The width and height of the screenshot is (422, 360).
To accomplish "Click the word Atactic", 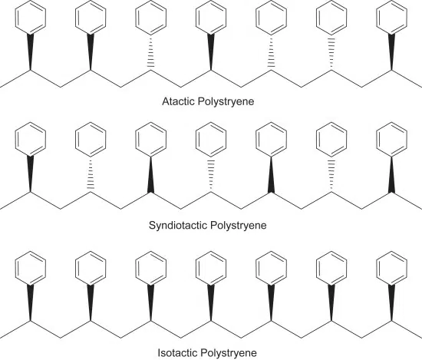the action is pos(179,101).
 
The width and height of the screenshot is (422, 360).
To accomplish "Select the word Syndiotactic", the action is pos(177,225).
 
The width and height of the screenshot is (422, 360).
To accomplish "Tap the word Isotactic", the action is pos(178,353).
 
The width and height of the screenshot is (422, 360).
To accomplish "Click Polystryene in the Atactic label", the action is pos(226,102).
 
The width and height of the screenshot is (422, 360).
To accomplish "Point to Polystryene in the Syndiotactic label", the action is pos(238,226).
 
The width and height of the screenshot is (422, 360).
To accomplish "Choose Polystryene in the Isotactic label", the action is pos(229,353).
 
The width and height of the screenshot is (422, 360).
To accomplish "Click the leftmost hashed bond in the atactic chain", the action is pos(150,52).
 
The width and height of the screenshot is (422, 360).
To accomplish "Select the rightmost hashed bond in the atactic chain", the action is pos(331,52).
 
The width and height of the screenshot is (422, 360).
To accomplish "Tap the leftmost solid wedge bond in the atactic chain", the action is pos(31,52).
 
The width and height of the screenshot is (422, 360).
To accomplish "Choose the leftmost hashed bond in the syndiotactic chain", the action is pos(91,174).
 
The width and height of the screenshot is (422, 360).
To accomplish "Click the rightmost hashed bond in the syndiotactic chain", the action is pos(331,174).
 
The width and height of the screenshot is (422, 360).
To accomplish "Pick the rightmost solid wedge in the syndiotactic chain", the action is pos(391,175).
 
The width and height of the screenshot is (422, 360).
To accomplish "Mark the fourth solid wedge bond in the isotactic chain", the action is pos(211,303).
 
